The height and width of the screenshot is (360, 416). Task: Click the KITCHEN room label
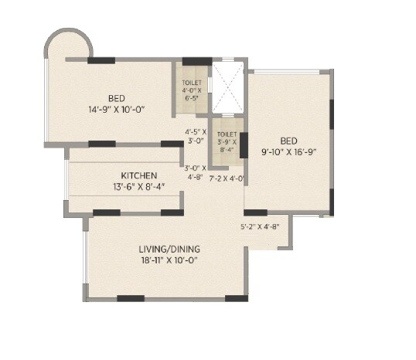(x=139, y=175)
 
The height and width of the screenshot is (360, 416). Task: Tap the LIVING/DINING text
(x=169, y=249)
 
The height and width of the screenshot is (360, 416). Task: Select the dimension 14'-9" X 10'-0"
(x=117, y=109)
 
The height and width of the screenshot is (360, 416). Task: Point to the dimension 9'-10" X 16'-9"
(x=289, y=152)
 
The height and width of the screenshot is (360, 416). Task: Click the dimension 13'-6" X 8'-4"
(x=139, y=186)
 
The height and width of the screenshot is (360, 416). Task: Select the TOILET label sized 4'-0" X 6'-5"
(x=192, y=82)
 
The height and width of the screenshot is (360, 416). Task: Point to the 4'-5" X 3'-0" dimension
(x=194, y=137)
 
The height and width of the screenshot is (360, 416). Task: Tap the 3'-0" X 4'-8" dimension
(x=194, y=172)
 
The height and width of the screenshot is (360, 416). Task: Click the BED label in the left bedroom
(x=117, y=98)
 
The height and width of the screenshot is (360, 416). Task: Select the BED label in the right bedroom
(x=289, y=141)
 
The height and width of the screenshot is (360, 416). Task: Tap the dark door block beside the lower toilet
(x=244, y=144)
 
